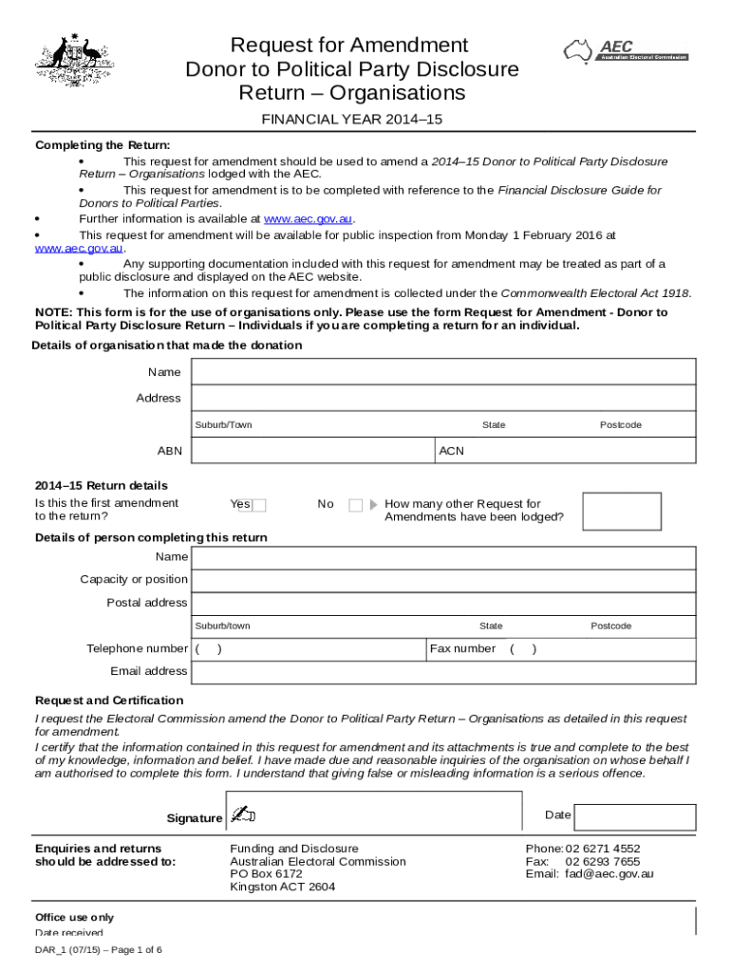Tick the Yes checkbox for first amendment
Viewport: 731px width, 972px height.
click(259, 505)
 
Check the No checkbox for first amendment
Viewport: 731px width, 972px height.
click(355, 505)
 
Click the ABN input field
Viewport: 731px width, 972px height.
click(311, 451)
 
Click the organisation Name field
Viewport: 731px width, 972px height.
click(443, 372)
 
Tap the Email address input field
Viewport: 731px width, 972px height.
click(443, 672)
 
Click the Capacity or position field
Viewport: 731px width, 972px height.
click(443, 580)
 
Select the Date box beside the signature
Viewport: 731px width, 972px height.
click(635, 816)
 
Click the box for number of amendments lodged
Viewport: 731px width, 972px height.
click(621, 511)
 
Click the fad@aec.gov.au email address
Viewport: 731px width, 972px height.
click(609, 874)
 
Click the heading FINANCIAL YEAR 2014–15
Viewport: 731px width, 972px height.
click(352, 120)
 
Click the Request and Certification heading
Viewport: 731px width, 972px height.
click(109, 701)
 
